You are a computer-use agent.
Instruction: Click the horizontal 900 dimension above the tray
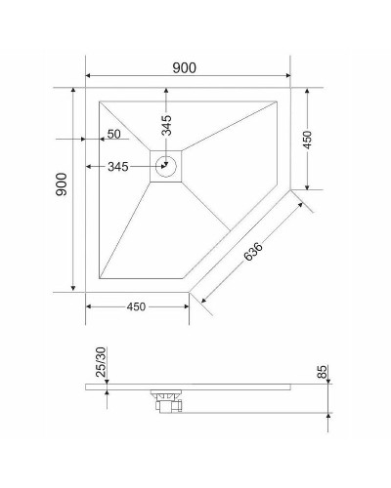point(185,67)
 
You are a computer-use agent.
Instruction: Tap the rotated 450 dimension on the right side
point(307,140)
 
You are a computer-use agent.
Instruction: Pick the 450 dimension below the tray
point(136,307)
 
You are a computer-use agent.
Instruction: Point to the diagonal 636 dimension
point(252,253)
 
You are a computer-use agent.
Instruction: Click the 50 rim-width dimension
point(113,134)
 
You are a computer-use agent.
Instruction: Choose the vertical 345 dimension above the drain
point(167,124)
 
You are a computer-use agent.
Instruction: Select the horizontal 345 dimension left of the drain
point(118,167)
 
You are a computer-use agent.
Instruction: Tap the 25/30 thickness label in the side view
point(102,362)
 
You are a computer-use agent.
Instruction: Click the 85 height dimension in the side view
point(324,374)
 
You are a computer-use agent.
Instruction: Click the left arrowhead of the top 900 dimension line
point(89,76)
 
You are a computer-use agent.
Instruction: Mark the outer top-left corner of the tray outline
point(86,88)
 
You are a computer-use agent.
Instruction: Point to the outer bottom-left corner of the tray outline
point(86,290)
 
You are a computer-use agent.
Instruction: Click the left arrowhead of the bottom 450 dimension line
point(89,306)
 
